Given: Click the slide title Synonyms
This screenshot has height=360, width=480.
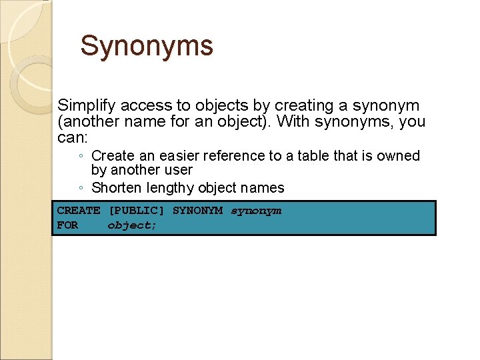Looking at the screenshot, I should [x=147, y=47].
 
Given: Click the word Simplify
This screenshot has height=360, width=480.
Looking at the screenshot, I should [x=83, y=106].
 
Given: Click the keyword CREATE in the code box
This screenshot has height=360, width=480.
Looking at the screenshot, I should [x=79, y=211].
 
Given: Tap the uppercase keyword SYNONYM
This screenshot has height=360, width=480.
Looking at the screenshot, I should [x=197, y=211].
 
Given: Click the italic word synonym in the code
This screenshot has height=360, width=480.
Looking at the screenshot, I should [x=256, y=211].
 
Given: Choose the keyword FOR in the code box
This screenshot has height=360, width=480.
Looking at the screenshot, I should [x=67, y=225].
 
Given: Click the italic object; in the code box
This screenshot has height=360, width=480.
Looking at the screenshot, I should [x=132, y=225].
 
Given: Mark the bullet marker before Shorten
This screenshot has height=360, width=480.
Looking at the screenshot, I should [x=80, y=189].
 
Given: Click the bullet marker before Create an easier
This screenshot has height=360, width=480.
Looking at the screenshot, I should [x=80, y=157].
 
